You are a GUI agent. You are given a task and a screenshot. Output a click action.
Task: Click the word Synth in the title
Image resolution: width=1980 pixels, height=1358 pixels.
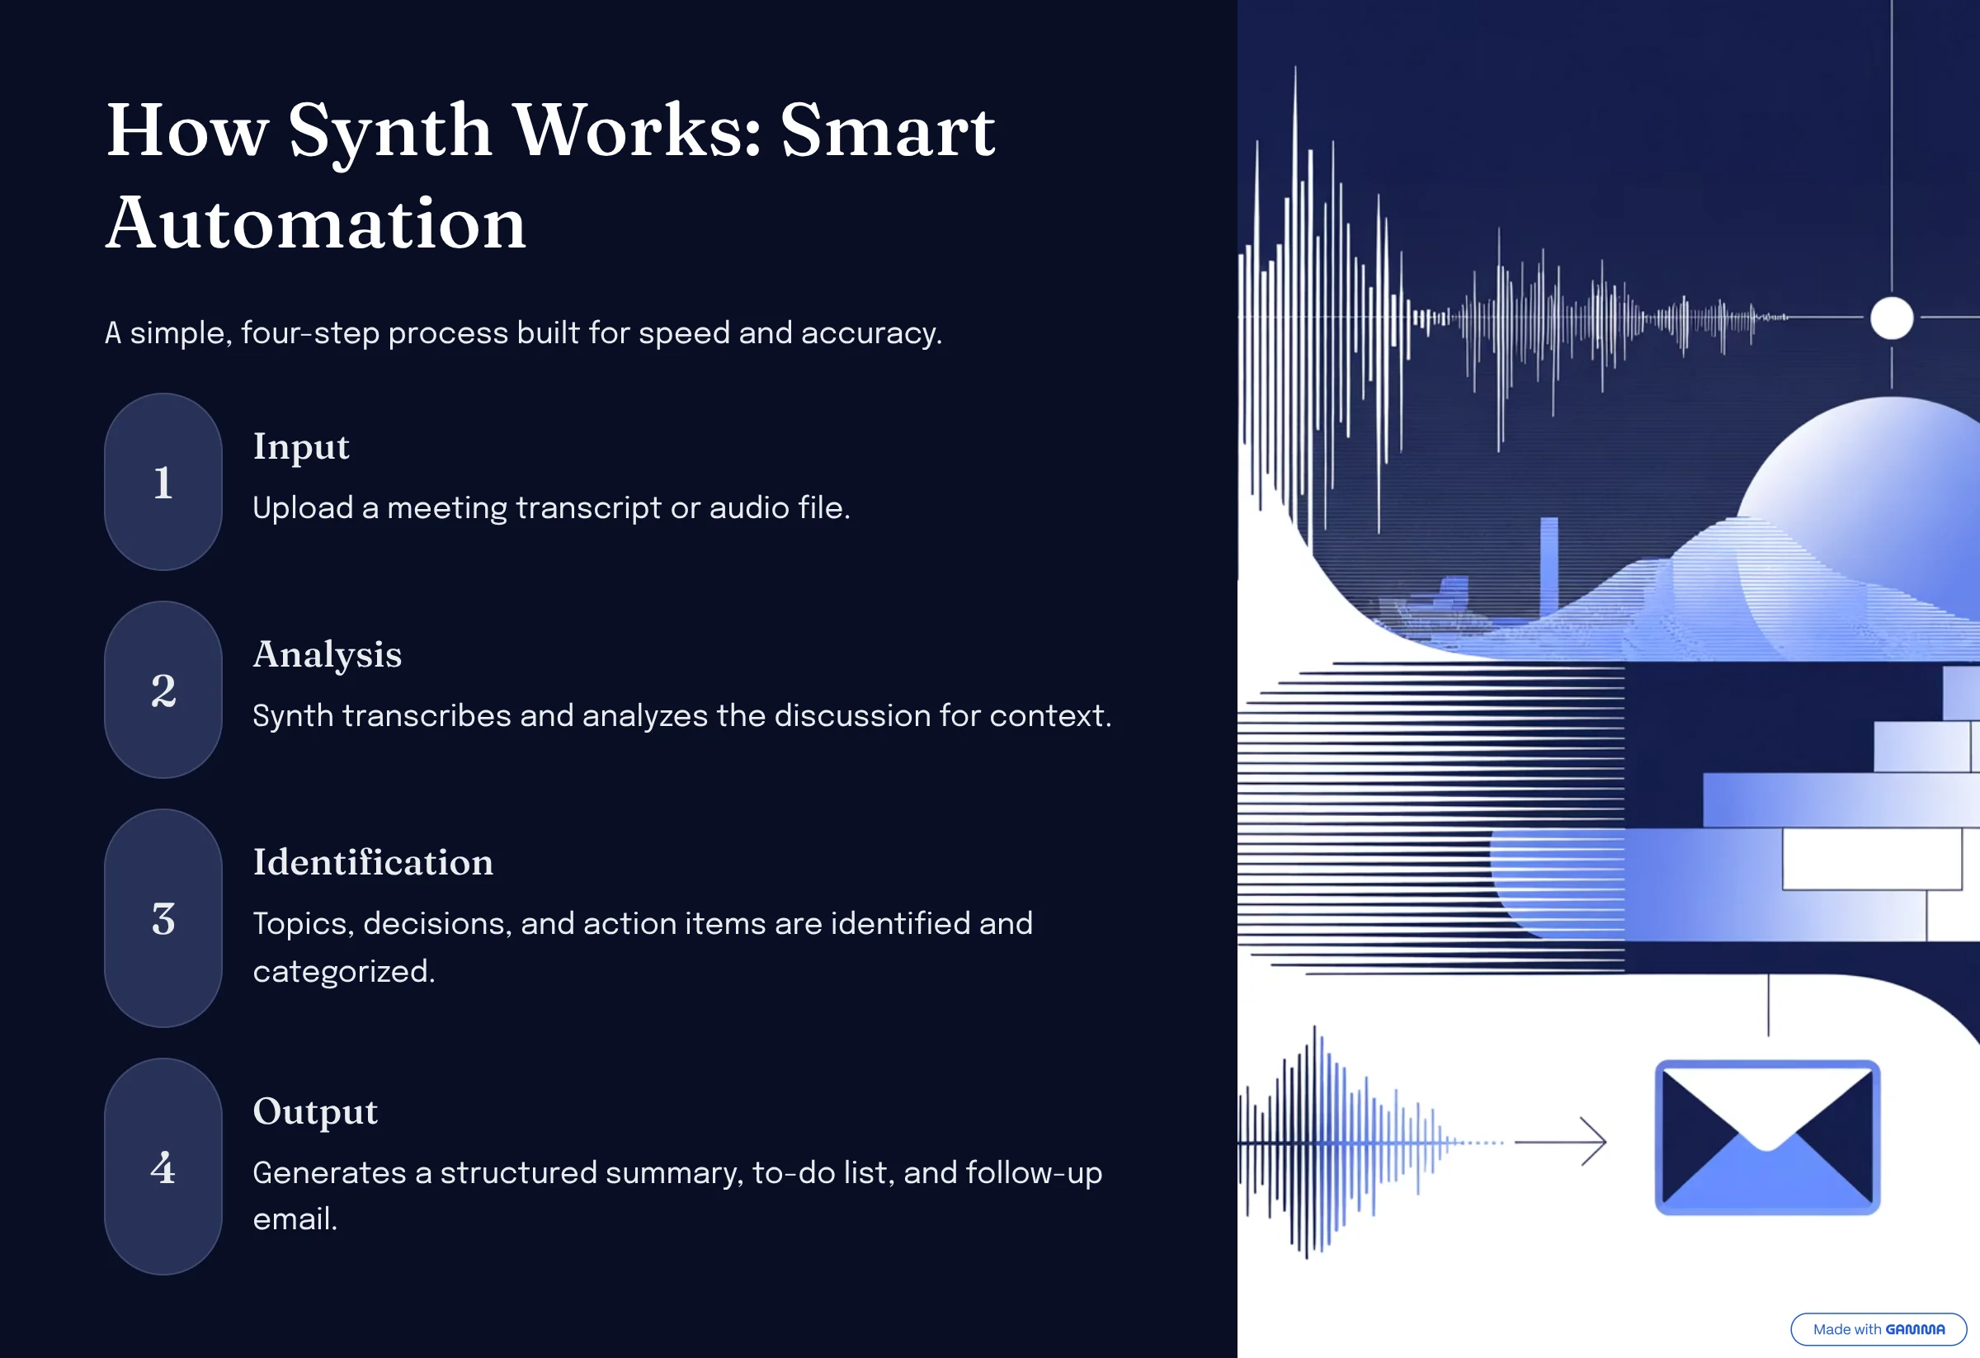pos(390,133)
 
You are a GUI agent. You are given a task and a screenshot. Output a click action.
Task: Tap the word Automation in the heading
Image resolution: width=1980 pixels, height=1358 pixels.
pos(316,224)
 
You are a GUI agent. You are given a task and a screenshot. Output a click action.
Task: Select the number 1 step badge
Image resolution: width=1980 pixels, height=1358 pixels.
pos(163,481)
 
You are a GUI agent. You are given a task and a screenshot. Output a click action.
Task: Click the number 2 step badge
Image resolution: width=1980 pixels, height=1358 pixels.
pos(163,689)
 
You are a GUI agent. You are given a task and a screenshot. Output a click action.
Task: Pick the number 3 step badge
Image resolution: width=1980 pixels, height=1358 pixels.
pos(163,917)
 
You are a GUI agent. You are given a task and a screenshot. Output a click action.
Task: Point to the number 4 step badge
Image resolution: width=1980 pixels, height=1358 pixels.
pos(163,1167)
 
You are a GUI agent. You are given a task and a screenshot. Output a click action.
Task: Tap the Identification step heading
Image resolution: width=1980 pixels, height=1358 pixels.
pos(373,862)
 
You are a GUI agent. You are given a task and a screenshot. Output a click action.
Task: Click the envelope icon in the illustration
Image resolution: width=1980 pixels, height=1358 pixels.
pos(1767,1137)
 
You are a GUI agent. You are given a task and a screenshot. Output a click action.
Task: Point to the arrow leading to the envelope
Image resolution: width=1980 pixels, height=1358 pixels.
pos(1560,1142)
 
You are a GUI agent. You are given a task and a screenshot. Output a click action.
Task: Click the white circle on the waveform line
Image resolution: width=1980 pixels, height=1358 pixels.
pos(1892,318)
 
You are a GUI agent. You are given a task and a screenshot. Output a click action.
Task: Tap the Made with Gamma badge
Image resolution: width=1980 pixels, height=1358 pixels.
pos(1879,1329)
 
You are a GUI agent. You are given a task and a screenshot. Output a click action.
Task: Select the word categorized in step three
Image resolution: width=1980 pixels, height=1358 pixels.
pos(344,972)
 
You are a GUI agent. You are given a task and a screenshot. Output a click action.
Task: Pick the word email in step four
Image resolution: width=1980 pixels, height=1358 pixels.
pos(295,1219)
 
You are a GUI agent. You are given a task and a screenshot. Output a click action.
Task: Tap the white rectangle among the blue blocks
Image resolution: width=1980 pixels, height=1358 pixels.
pos(1873,859)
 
